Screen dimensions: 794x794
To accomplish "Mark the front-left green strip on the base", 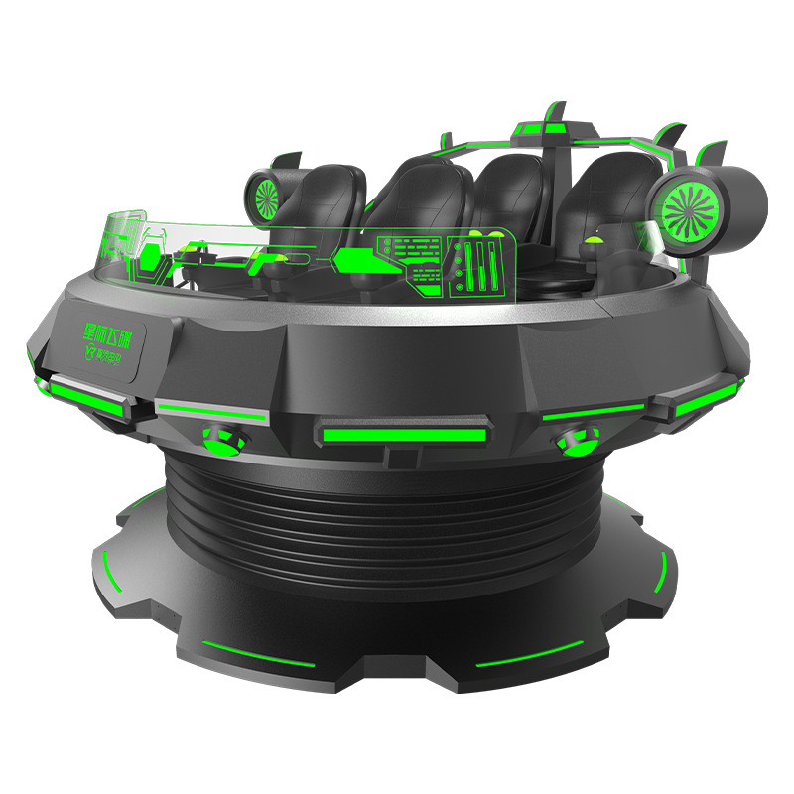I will (256, 657).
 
